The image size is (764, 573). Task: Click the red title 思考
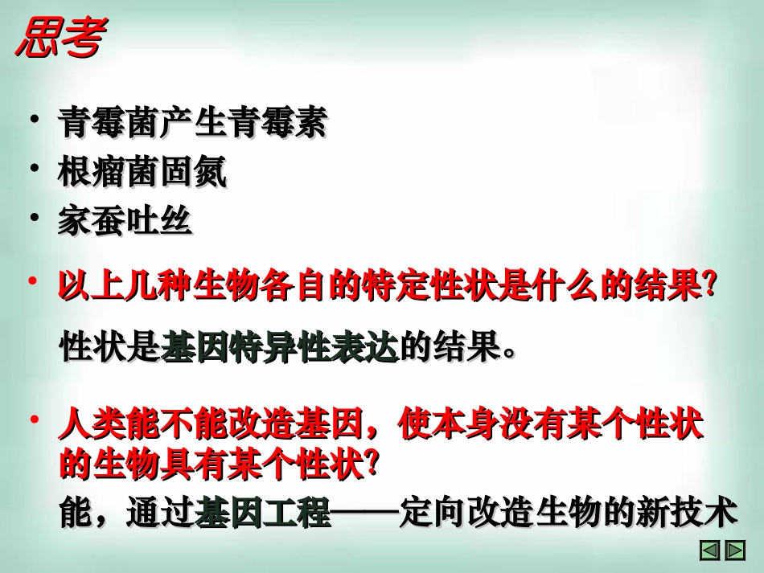click(x=60, y=39)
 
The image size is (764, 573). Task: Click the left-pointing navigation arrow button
click(x=709, y=550)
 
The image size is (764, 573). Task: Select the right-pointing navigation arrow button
click(x=735, y=550)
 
